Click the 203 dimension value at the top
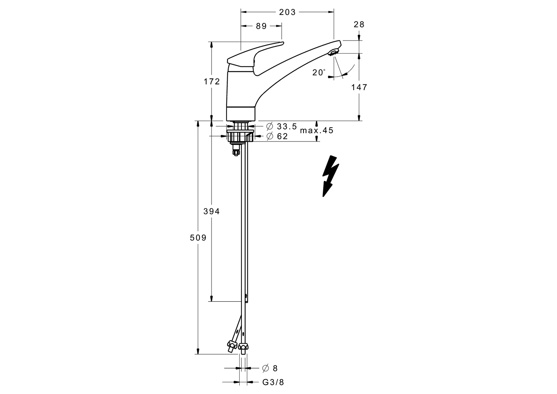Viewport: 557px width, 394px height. pyautogui.click(x=287, y=12)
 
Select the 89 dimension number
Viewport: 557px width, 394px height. pyautogui.click(x=261, y=26)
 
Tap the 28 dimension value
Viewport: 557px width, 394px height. pyautogui.click(x=359, y=24)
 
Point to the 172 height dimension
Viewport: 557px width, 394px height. pyautogui.click(x=212, y=81)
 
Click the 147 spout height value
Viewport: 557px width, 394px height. pyautogui.click(x=359, y=87)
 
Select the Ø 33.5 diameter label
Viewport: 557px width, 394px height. pyautogui.click(x=282, y=127)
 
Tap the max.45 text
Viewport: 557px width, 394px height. pyautogui.click(x=316, y=131)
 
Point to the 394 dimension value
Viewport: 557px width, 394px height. pyautogui.click(x=212, y=211)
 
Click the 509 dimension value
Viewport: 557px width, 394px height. pyautogui.click(x=198, y=238)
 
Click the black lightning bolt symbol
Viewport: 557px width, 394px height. pyautogui.click(x=330, y=176)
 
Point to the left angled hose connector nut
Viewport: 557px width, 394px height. pyautogui.click(x=231, y=344)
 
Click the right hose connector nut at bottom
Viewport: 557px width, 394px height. pyautogui.click(x=244, y=346)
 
